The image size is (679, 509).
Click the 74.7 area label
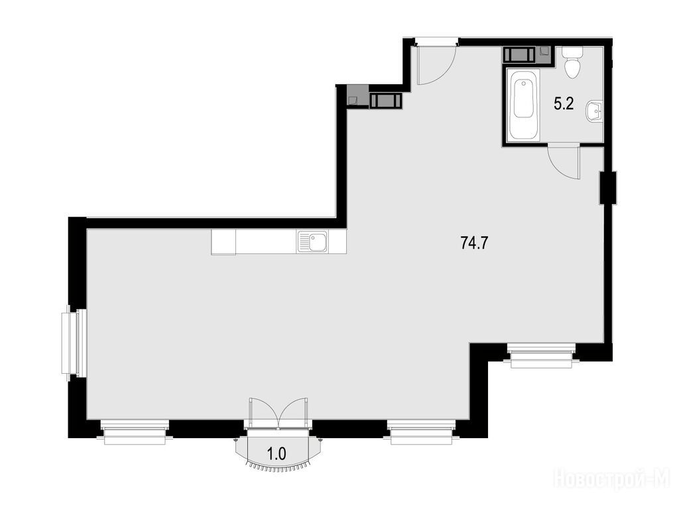tap(474, 244)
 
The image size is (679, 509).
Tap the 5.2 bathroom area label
tap(564, 103)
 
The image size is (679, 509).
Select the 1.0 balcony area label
tap(277, 454)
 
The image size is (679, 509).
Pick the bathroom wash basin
tap(593, 111)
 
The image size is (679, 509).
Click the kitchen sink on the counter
tap(313, 241)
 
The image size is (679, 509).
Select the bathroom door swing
tap(563, 163)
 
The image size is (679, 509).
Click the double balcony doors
tap(278, 414)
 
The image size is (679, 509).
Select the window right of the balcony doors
tap(422, 432)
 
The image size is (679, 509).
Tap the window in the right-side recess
tap(542, 355)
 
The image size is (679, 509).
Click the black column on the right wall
tap(608, 188)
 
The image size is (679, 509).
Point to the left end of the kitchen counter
tap(212, 242)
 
